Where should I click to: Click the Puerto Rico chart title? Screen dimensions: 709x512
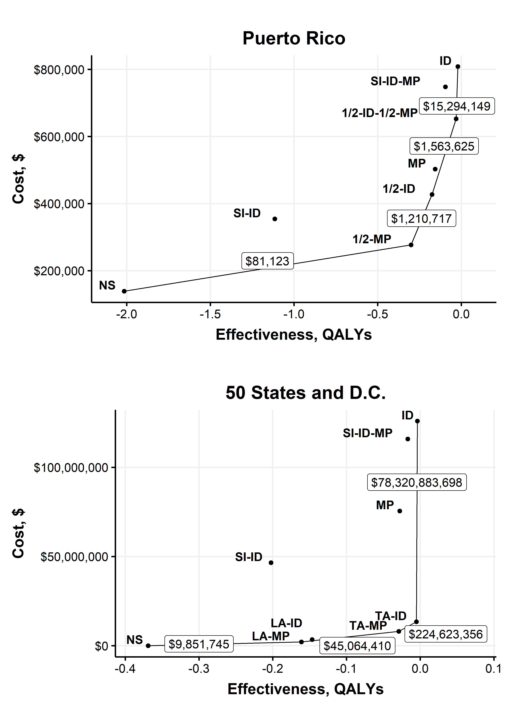294,38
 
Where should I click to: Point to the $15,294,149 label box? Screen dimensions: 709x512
457,106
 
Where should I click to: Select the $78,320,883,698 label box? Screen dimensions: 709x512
417,482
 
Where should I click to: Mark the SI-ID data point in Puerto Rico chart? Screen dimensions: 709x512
275,219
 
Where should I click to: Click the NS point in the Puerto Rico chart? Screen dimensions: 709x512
124,291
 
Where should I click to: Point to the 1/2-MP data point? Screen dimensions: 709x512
411,245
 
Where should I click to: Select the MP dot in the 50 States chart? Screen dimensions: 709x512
400,511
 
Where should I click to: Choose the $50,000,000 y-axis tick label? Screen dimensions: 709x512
74,557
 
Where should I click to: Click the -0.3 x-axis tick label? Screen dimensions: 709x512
199,669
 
